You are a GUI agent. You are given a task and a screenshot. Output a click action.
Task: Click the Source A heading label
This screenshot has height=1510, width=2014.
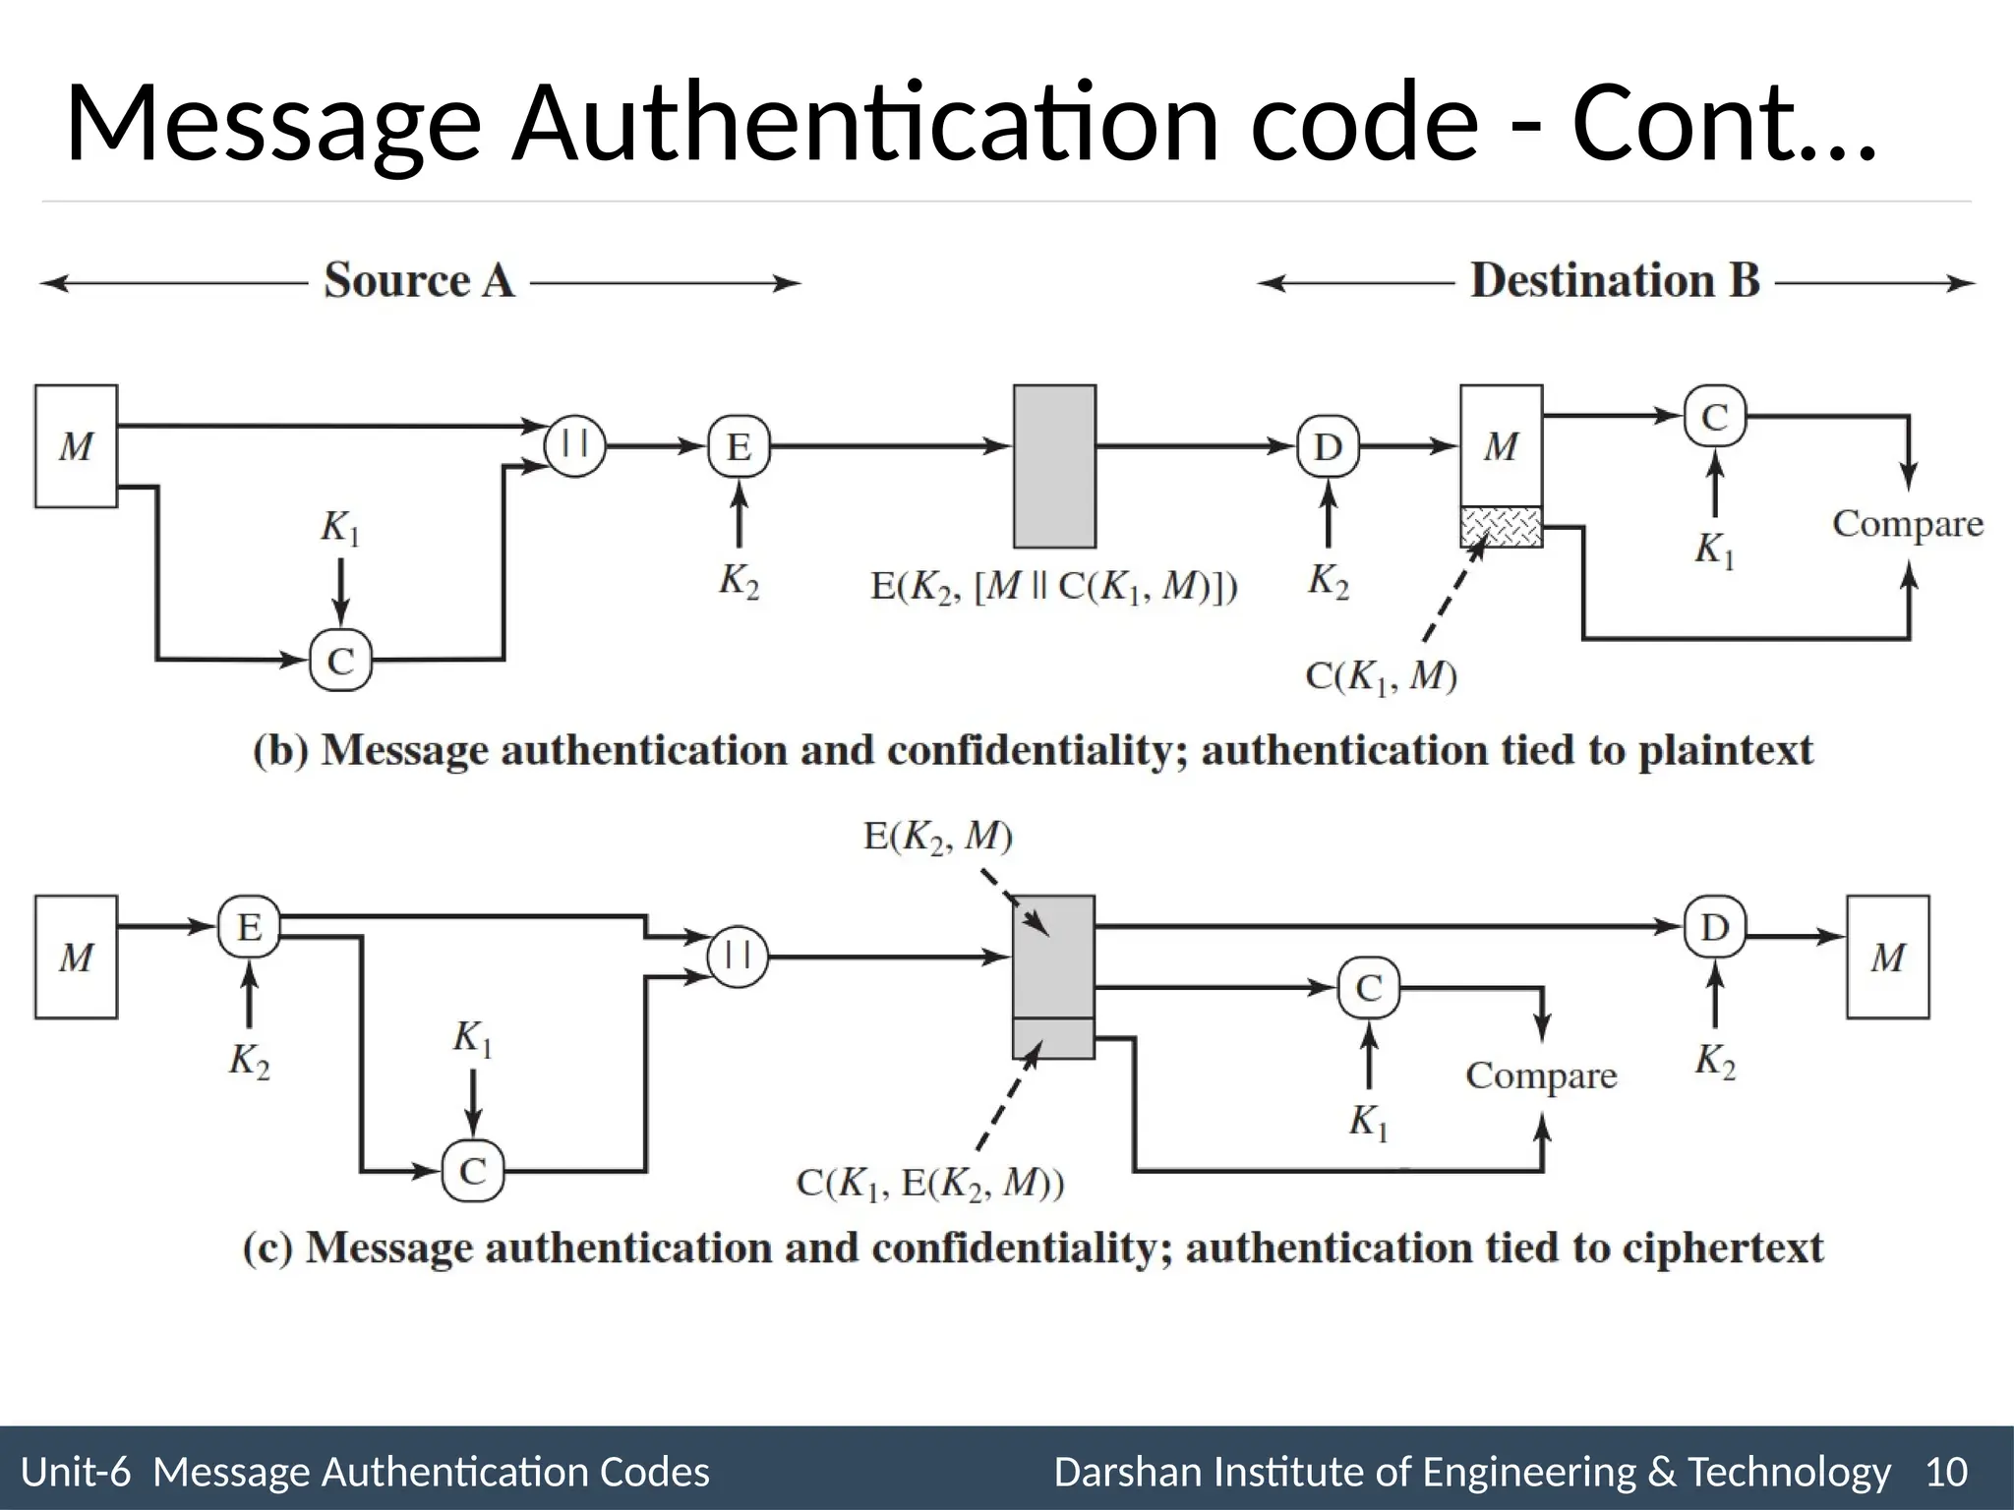[419, 281]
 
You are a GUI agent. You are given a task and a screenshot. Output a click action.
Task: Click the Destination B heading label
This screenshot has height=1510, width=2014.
[1615, 281]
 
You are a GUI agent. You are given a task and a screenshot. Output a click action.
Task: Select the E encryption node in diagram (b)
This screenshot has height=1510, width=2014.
[739, 447]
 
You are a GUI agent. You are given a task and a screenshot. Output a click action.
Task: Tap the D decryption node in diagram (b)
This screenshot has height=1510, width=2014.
[1328, 447]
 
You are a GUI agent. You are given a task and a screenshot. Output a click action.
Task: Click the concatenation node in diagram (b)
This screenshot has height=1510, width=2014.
[574, 445]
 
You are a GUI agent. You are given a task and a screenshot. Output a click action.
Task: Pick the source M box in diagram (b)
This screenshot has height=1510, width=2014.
[76, 446]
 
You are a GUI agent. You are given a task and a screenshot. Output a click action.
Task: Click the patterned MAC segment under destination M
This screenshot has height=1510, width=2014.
[1501, 527]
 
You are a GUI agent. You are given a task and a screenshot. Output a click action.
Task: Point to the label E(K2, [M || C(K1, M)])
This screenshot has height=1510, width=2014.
[1053, 587]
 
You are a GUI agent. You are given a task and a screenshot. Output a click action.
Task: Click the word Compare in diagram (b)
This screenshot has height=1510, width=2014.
[1907, 524]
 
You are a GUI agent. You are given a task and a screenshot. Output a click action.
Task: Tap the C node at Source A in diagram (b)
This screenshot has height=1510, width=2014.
[340, 660]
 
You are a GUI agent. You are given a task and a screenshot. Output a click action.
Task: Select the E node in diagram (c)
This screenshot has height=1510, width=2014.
[249, 926]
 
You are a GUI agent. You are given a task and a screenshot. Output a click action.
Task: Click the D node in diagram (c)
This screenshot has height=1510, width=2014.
[1714, 926]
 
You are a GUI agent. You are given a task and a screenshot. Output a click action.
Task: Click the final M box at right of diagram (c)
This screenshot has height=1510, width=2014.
[1887, 957]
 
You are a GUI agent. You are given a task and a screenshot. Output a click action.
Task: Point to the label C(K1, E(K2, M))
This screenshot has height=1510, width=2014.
[929, 1183]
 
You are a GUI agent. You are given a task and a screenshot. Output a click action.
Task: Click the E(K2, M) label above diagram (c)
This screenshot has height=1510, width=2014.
[937, 837]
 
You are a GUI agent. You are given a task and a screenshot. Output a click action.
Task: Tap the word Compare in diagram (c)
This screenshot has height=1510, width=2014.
[1541, 1075]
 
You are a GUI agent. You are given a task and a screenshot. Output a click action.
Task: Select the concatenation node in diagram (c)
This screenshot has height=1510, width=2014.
[738, 956]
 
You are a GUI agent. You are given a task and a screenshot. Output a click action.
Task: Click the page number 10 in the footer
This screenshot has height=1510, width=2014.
[1946, 1473]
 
